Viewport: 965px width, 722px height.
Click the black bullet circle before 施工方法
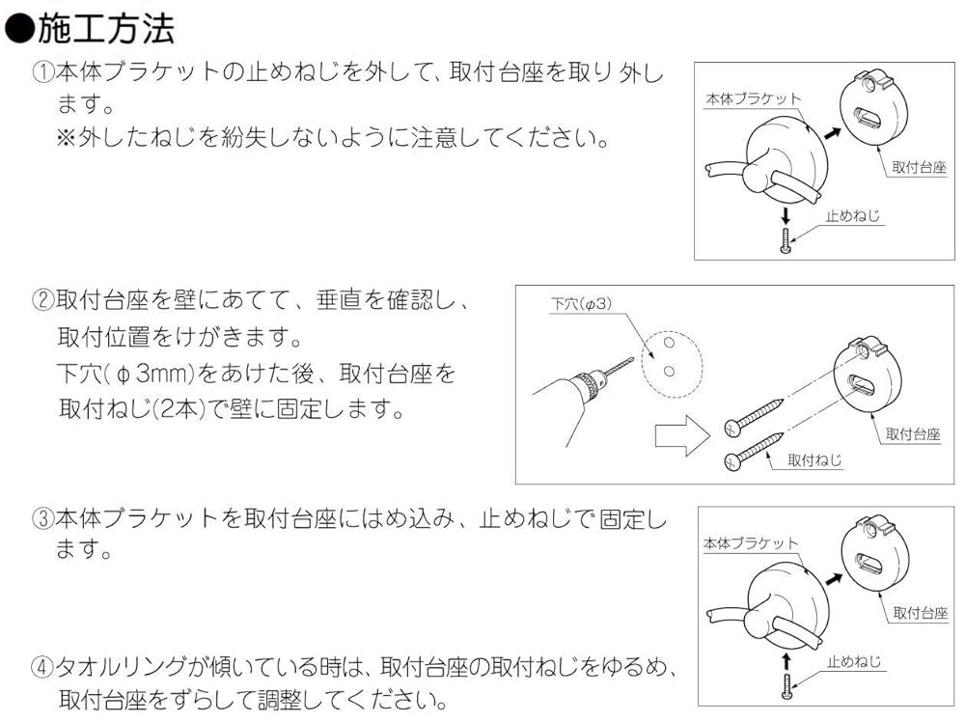(18, 30)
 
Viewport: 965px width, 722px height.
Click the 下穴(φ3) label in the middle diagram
(581, 304)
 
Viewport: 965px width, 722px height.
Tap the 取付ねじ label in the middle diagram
(814, 460)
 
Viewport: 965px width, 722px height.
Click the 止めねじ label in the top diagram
(853, 217)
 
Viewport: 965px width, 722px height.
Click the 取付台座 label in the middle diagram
(912, 434)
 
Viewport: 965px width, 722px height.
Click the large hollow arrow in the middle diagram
(681, 435)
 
